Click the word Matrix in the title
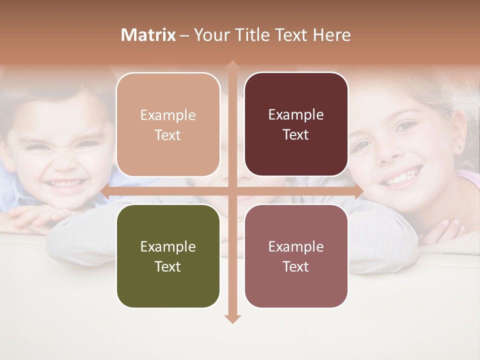pyautogui.click(x=148, y=35)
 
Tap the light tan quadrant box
pyautogui.click(x=168, y=124)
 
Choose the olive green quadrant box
pyautogui.click(x=168, y=256)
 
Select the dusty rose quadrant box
pyautogui.click(x=296, y=256)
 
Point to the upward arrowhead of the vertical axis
pyautogui.click(x=232, y=65)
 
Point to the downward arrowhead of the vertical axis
pyautogui.click(x=232, y=318)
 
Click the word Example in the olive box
pyautogui.click(x=168, y=246)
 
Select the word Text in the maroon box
pyautogui.click(x=296, y=134)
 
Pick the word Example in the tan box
pyautogui.click(x=168, y=115)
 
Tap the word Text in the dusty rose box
pyautogui.click(x=296, y=266)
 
